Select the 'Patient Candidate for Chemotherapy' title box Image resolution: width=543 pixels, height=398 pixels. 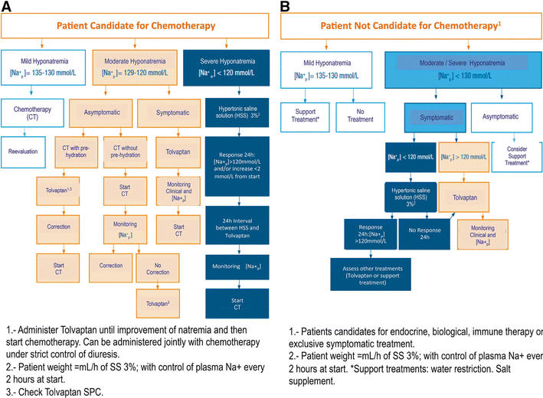pos(136,25)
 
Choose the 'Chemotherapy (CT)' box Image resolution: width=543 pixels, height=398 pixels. pos(31,113)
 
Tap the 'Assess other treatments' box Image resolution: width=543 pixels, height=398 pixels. pos(367,273)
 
